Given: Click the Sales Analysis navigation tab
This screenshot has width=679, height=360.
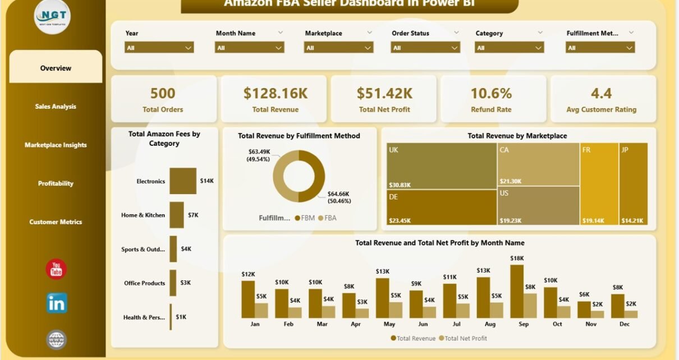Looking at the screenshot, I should [56, 107].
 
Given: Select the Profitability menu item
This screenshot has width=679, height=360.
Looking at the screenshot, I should [56, 183].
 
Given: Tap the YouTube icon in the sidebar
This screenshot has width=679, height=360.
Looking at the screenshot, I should [56, 270].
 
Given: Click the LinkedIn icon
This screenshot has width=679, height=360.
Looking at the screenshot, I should [57, 303].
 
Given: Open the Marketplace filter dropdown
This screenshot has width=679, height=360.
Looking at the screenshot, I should [338, 48].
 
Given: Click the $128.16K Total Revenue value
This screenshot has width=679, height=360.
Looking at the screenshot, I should [276, 93].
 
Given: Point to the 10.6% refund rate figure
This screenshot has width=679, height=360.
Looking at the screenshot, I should [491, 93].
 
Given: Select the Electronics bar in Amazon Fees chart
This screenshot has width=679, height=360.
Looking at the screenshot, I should [183, 181].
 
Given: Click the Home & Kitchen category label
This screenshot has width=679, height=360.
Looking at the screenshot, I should [143, 215].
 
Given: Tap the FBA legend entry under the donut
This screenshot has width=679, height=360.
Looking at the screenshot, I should [327, 218].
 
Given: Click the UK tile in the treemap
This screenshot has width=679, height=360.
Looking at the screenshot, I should [442, 167].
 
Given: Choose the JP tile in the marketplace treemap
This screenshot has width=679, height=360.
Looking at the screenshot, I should [634, 184].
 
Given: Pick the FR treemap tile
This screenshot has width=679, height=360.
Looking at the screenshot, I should [599, 184].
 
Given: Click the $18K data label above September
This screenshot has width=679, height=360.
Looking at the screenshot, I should [517, 258].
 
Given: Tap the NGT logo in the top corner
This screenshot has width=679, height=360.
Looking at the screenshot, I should [52, 17].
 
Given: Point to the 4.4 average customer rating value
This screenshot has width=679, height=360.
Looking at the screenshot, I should [601, 93].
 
